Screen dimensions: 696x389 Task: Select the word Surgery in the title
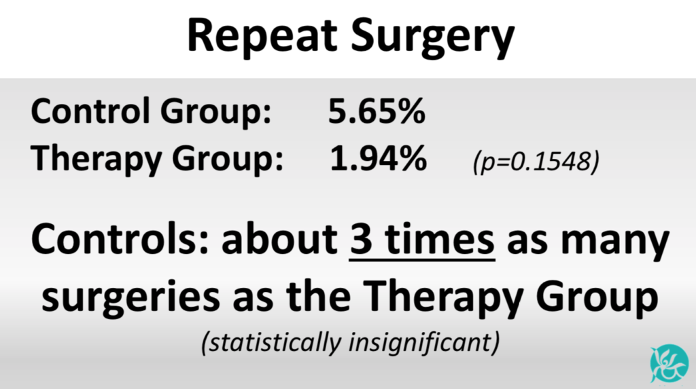coord(433,38)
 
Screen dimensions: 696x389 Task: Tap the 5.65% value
coord(377,111)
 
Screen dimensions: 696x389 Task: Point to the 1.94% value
coord(378,158)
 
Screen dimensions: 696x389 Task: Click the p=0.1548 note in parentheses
coord(536,161)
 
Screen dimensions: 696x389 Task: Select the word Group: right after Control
coord(215,113)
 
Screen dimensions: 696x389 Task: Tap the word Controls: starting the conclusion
coord(120,240)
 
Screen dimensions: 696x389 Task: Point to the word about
coord(279,240)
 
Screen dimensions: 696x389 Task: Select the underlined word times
coord(440,240)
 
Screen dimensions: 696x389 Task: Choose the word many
coord(614,244)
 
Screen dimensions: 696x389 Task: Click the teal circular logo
coord(669,363)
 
